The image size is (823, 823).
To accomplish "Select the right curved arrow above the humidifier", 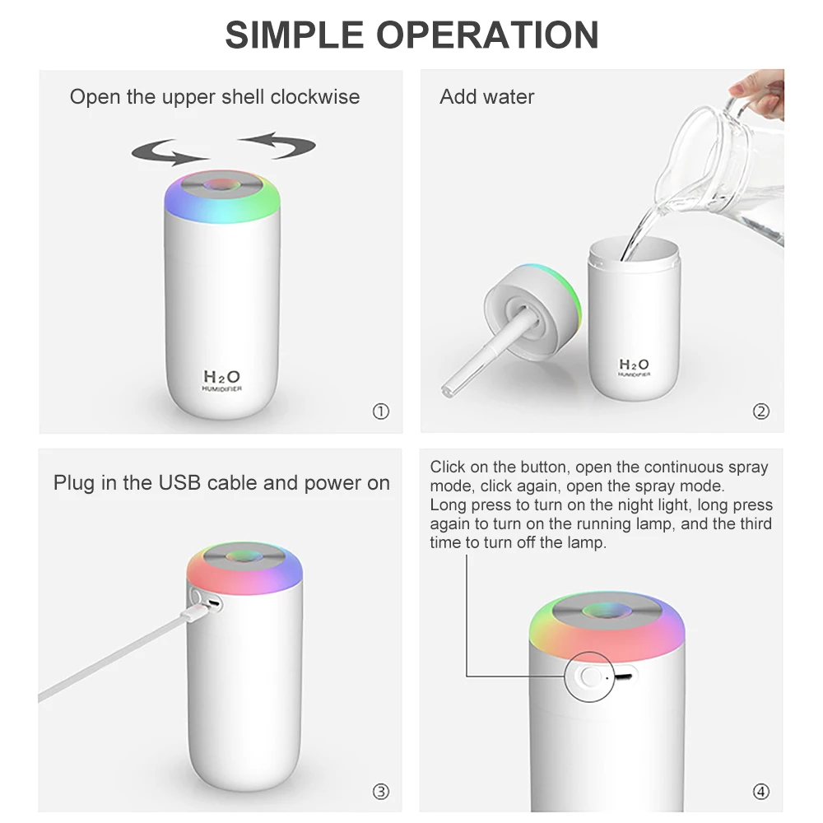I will (x=280, y=145).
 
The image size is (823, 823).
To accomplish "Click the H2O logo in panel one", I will (x=222, y=375).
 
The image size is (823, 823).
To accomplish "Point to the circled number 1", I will (x=380, y=411).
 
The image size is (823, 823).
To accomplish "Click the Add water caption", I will (x=487, y=97).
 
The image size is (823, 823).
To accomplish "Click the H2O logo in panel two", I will (x=634, y=365).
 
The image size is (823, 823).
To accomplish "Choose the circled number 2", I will (x=761, y=411).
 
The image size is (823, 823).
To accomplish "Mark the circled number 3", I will (x=380, y=792).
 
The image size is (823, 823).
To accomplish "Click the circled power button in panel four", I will (x=588, y=676).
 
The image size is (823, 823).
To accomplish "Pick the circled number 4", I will (x=761, y=792).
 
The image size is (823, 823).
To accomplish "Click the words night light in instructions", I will (x=644, y=505).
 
